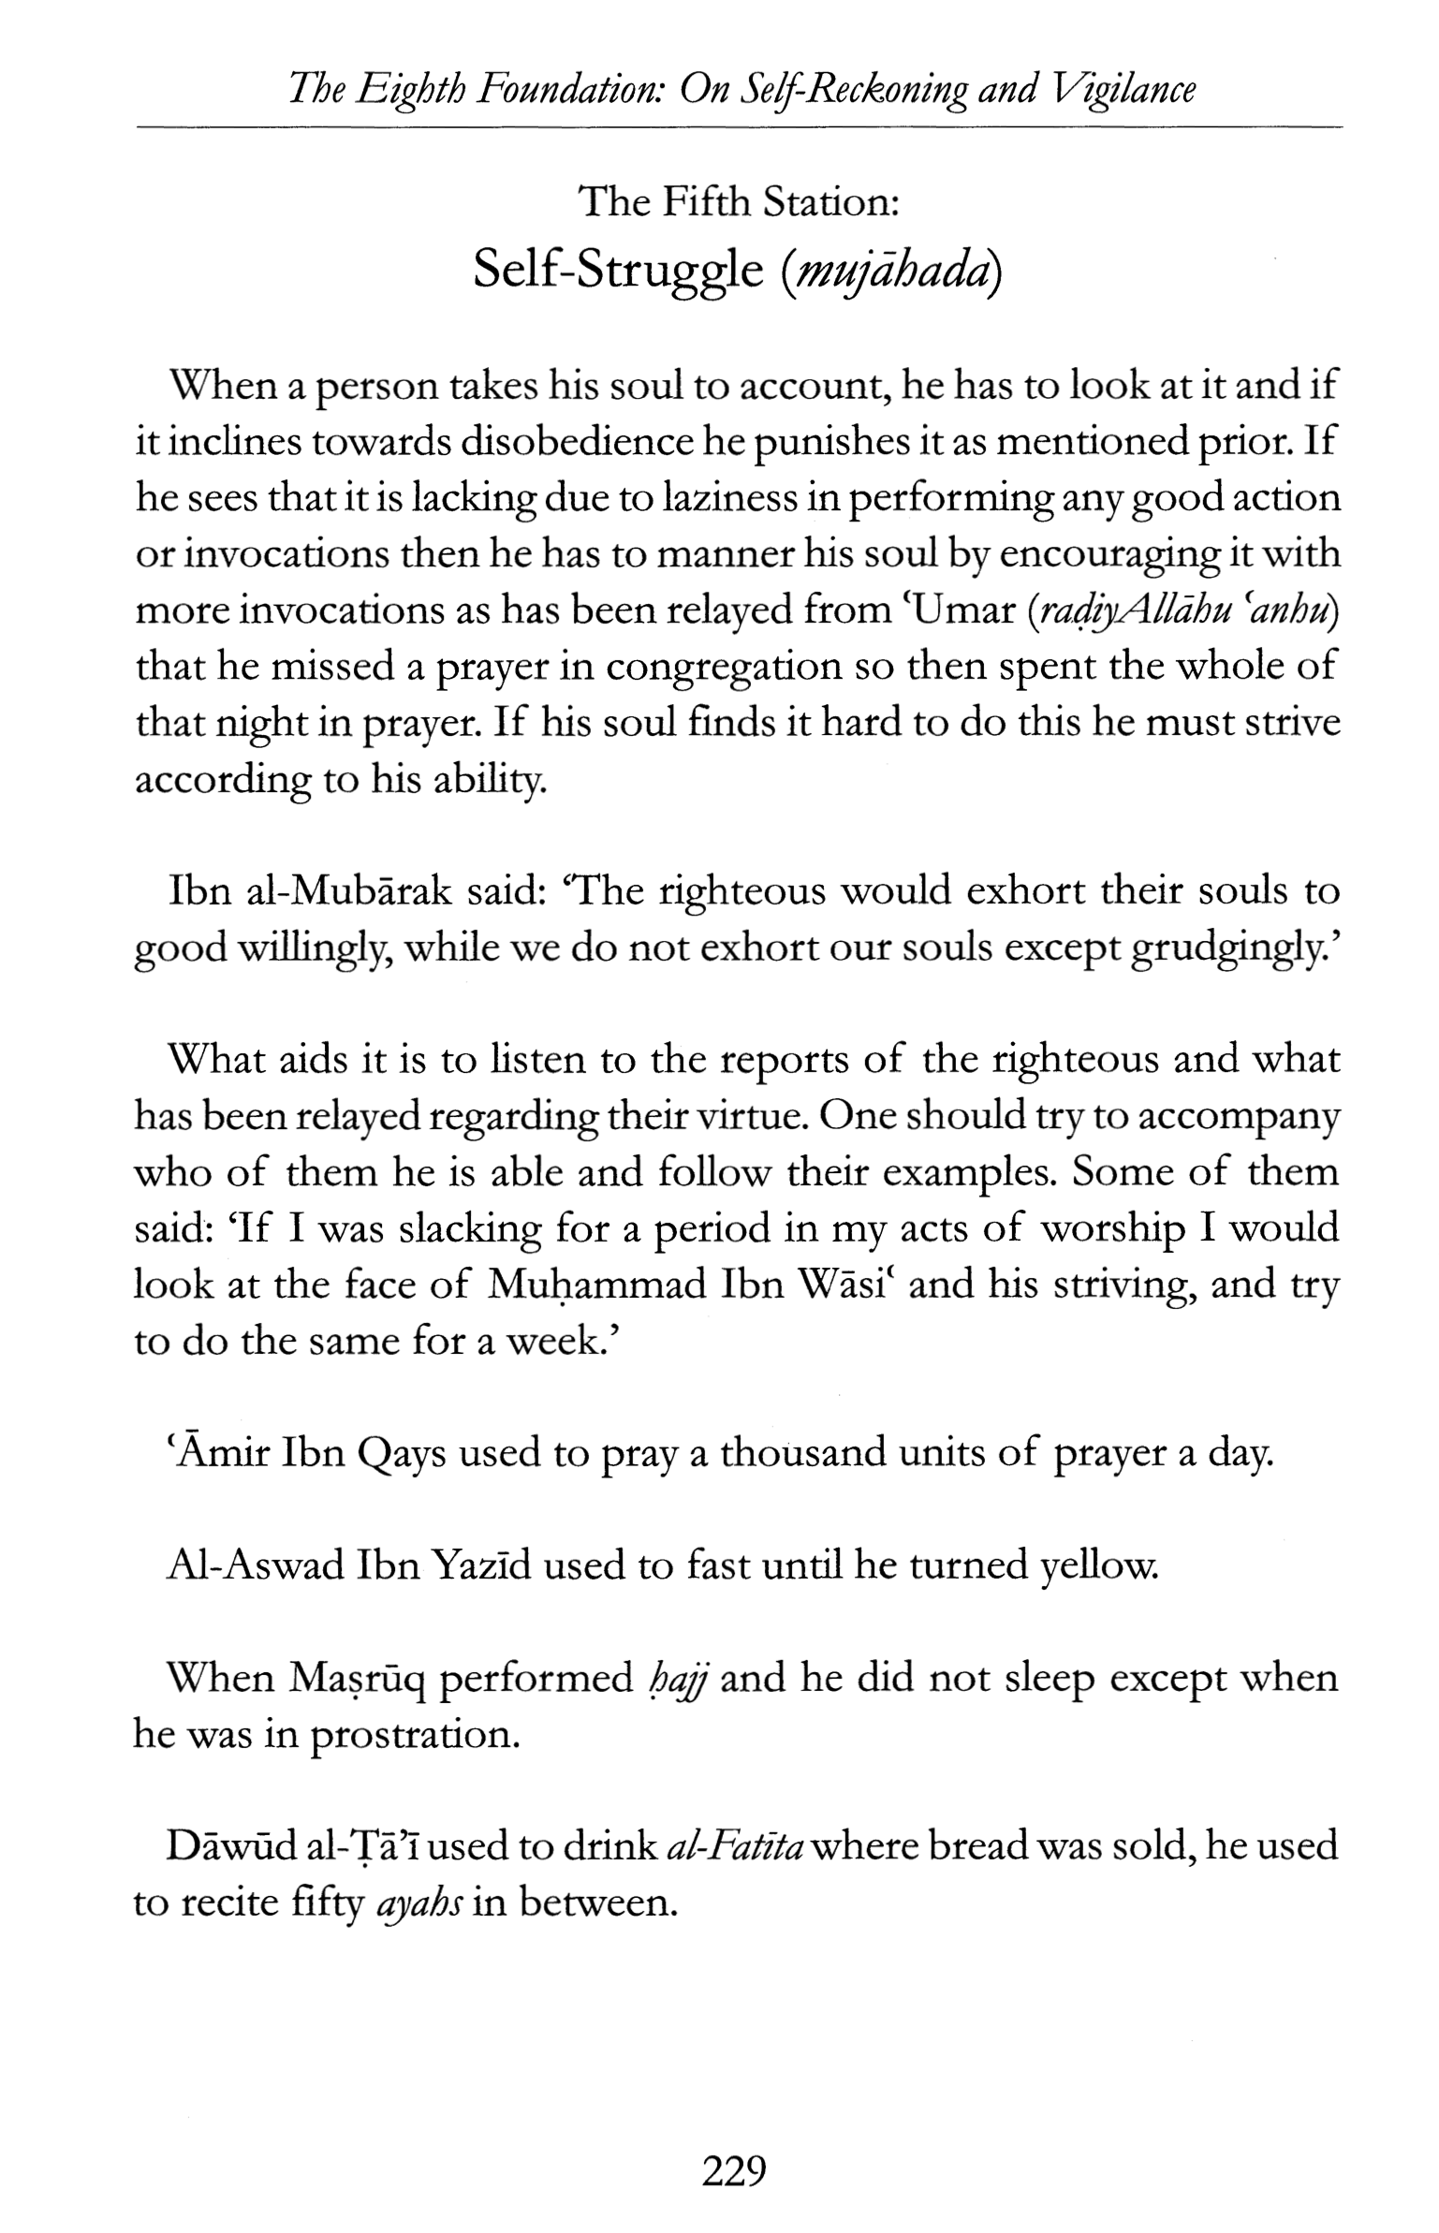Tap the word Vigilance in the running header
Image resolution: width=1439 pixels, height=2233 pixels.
pyautogui.click(x=1124, y=90)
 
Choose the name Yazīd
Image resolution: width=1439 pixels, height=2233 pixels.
pyautogui.click(x=481, y=1565)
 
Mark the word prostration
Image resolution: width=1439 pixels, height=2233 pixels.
pyautogui.click(x=414, y=1735)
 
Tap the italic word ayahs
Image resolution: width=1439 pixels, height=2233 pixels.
pyautogui.click(x=418, y=1903)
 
